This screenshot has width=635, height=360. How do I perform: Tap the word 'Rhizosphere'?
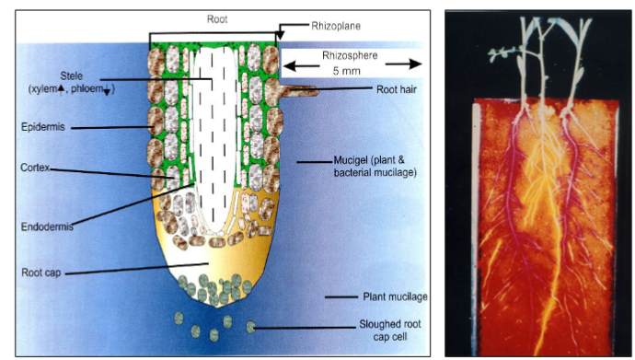350,54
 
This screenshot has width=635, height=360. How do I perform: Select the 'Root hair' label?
398,89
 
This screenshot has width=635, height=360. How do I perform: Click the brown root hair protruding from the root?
299,90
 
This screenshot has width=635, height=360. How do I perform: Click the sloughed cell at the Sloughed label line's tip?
252,326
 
